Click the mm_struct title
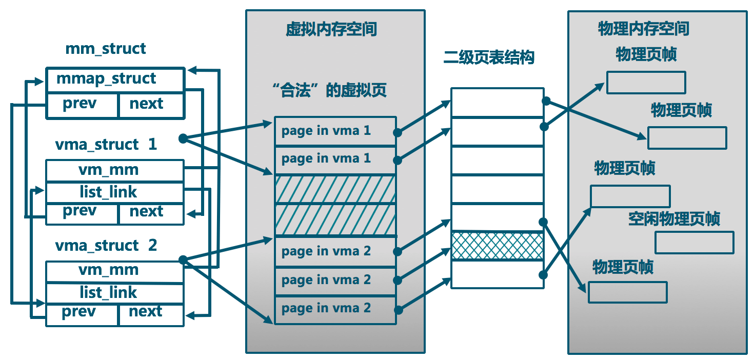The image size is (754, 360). coord(106,49)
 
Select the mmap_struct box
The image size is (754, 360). coord(114,80)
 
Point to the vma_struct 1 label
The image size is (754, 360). coord(106,145)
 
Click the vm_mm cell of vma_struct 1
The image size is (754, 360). coord(114,170)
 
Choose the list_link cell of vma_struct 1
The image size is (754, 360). coord(114,192)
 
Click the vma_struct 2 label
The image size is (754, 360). coord(106,246)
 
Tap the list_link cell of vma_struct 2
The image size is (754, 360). coord(114,293)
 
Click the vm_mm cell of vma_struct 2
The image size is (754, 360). coord(114,271)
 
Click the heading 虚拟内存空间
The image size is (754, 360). coord(331,29)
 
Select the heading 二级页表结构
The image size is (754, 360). coord(489,57)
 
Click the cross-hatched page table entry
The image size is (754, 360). coord(497,246)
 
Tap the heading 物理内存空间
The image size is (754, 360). coord(644,29)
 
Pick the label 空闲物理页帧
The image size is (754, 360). coord(674,219)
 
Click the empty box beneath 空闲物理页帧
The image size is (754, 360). coord(694,243)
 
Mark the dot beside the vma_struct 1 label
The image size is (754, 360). coord(182,138)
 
